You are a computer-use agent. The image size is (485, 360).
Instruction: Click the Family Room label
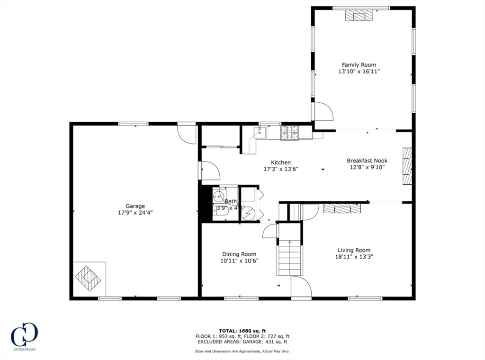click(359, 65)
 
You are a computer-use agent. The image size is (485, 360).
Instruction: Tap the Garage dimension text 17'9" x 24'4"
click(135, 213)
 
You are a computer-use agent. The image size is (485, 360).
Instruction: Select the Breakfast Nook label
click(367, 161)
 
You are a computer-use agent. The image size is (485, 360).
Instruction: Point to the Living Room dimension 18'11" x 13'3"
click(354, 257)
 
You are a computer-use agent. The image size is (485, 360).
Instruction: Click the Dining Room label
click(239, 254)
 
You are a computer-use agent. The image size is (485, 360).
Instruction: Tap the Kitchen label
click(280, 162)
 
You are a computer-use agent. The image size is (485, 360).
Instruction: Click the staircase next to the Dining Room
click(290, 258)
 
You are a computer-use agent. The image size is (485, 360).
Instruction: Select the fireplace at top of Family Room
click(359, 16)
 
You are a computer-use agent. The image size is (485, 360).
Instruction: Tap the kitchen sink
click(259, 132)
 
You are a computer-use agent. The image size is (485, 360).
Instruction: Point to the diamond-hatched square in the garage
click(88, 278)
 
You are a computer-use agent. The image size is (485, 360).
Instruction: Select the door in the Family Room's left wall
click(323, 112)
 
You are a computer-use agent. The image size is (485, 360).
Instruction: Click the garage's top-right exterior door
click(187, 134)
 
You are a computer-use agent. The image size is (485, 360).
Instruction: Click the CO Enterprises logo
click(24, 336)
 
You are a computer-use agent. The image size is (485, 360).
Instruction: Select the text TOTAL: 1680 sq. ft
click(242, 331)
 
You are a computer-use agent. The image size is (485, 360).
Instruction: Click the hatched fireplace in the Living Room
click(342, 208)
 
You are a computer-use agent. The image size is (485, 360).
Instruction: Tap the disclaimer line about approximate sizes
click(242, 351)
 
